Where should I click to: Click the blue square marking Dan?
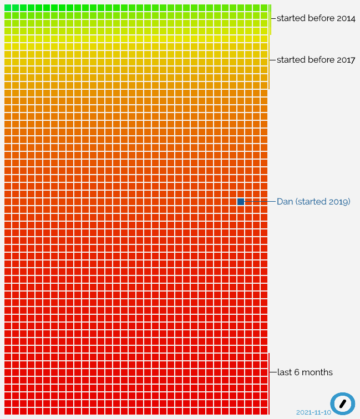[x=241, y=202]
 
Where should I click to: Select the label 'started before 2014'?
[x=316, y=18]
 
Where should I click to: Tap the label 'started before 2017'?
[x=316, y=60]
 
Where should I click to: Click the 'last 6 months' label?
[x=305, y=372]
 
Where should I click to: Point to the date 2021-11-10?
[x=313, y=412]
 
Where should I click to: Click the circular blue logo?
[x=343, y=403]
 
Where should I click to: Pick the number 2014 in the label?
[x=346, y=18]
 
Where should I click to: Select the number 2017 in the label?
[x=346, y=60]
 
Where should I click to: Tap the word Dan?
[x=285, y=202]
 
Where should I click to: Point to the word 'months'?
[x=317, y=372]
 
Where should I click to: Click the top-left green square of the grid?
[x=7, y=8]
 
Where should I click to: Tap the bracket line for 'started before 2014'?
[x=271, y=25]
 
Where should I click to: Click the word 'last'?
[x=284, y=372]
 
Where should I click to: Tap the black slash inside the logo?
[x=343, y=403]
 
